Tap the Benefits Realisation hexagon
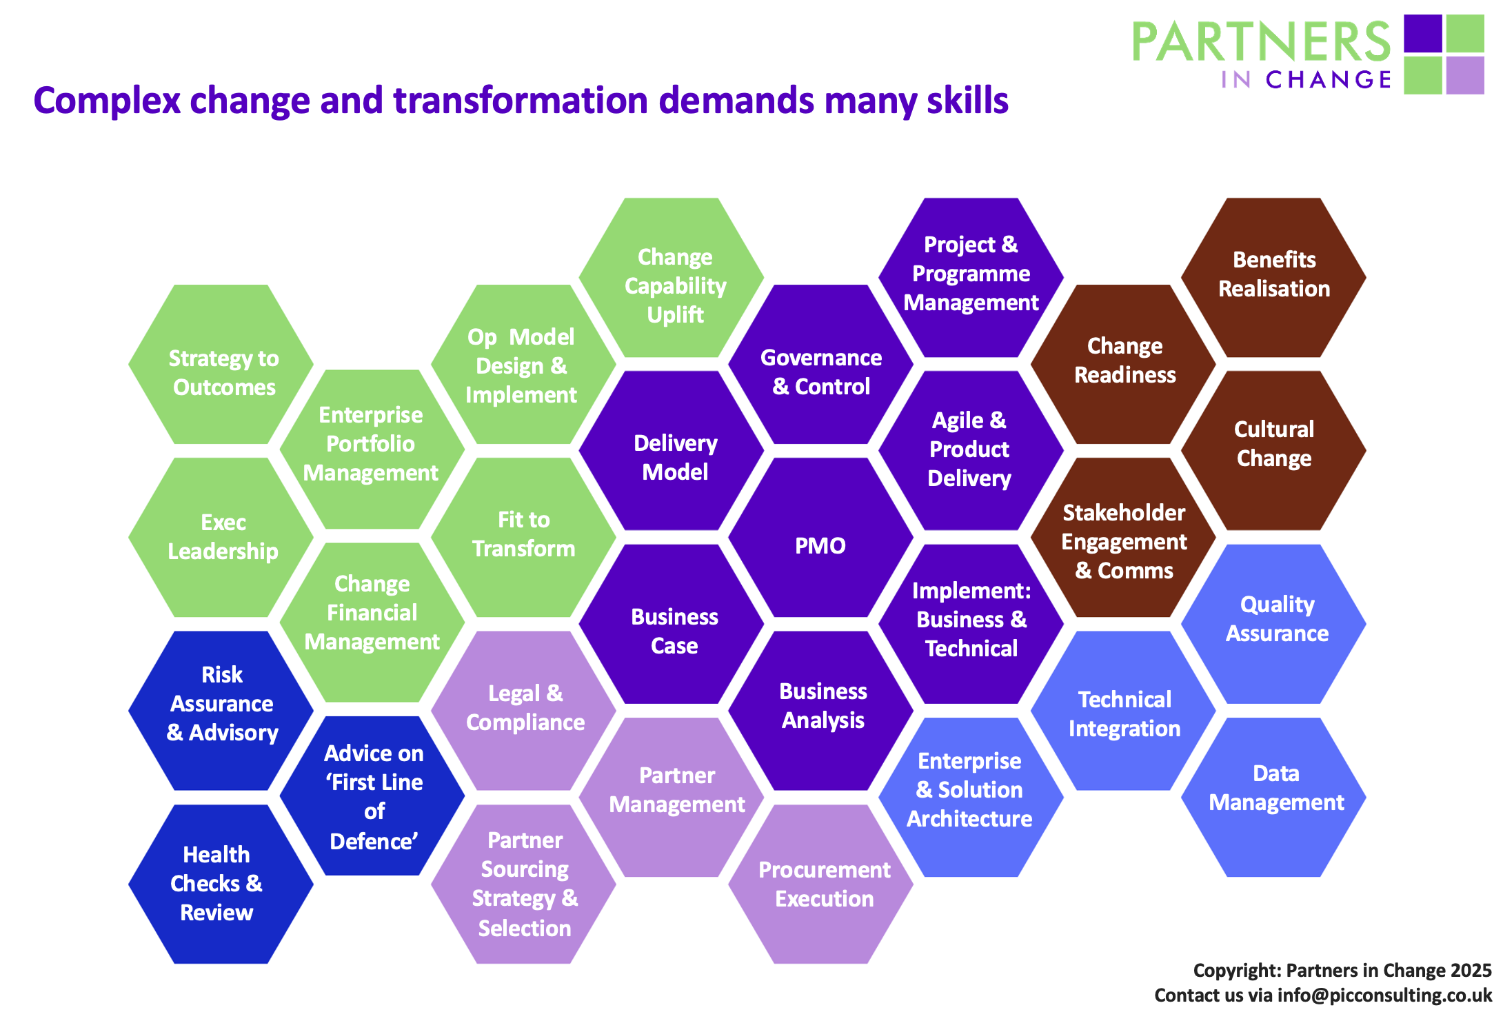click(x=1273, y=278)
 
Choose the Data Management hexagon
click(x=1273, y=797)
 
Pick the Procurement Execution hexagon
click(x=820, y=884)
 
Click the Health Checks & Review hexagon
click(x=221, y=884)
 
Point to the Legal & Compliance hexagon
click(x=523, y=711)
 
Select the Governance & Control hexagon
click(x=820, y=365)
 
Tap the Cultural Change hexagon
click(x=1273, y=451)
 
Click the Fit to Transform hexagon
click(x=523, y=538)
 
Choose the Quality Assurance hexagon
click(x=1273, y=624)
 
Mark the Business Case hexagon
click(x=672, y=624)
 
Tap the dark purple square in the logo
click(x=1423, y=33)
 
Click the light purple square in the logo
click(x=1465, y=75)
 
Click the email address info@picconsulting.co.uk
click(x=1384, y=995)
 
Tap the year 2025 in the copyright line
click(x=1471, y=971)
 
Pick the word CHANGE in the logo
click(x=1329, y=80)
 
